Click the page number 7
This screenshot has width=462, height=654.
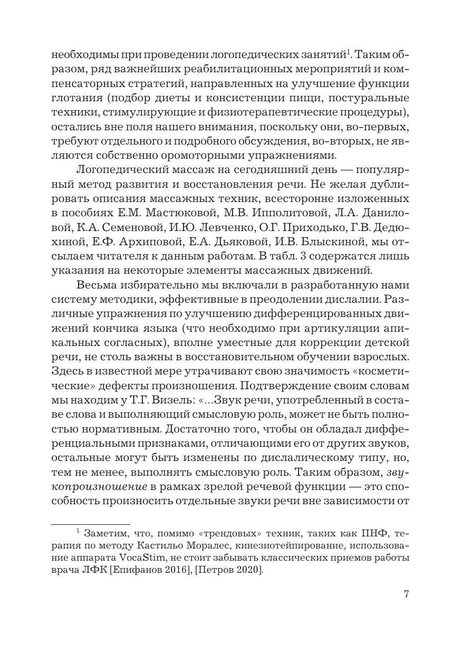406,594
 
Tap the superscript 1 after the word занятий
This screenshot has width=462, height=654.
348,52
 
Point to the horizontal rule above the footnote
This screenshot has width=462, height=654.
90,524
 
